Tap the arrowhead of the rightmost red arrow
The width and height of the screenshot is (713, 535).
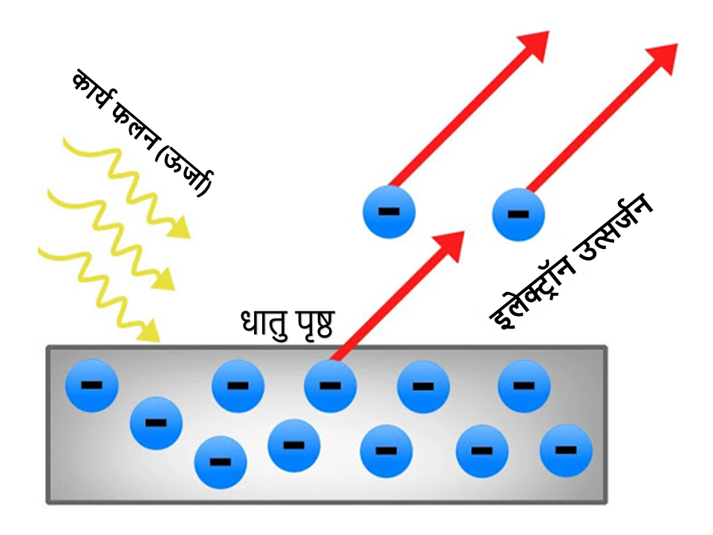point(663,56)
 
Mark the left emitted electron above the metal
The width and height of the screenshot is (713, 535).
point(388,212)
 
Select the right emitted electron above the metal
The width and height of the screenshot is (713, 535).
point(518,214)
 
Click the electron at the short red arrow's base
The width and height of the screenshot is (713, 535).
point(331,386)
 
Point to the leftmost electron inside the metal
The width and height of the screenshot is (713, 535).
point(91,386)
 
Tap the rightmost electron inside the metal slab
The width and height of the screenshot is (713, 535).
point(566,450)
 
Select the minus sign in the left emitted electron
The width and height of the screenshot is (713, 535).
point(388,212)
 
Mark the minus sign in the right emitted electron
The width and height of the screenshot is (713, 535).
point(518,215)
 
